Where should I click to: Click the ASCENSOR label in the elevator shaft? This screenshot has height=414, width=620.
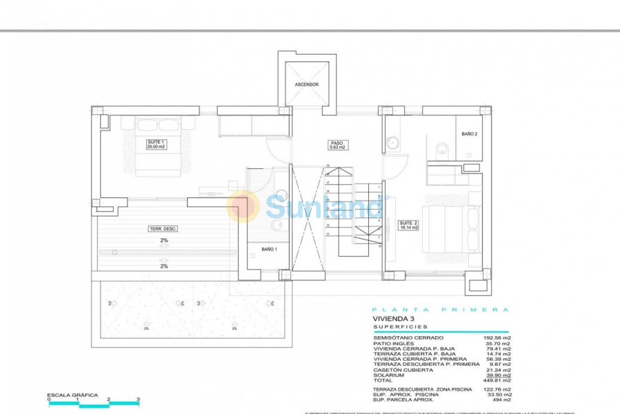pyautogui.click(x=306, y=84)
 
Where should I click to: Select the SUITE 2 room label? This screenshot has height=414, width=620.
pyautogui.click(x=408, y=224)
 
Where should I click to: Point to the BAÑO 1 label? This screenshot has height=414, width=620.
pyautogui.click(x=269, y=249)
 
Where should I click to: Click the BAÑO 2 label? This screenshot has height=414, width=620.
pyautogui.click(x=469, y=134)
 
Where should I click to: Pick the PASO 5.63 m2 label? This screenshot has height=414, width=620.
pyautogui.click(x=337, y=145)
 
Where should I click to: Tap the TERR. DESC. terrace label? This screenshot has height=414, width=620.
pyautogui.click(x=163, y=228)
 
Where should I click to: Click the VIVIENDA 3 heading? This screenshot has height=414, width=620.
pyautogui.click(x=394, y=319)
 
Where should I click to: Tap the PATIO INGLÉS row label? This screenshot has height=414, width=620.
pyautogui.click(x=394, y=343)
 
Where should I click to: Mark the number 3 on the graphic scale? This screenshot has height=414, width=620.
pyautogui.click(x=138, y=399)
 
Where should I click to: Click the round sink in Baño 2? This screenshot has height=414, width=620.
pyautogui.click(x=392, y=144)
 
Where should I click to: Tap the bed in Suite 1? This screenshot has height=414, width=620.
pyautogui.click(x=158, y=148)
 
